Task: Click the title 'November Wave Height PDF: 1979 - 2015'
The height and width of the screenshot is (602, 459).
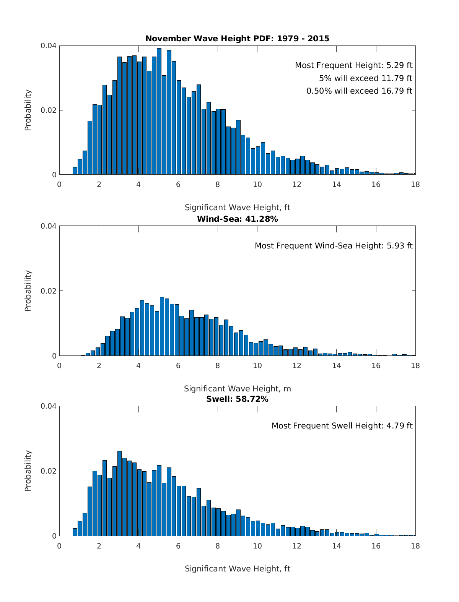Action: pos(237,38)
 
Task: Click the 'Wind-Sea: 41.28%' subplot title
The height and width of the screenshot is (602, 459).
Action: pos(237,219)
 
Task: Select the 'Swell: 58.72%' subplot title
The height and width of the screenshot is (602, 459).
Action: pos(237,399)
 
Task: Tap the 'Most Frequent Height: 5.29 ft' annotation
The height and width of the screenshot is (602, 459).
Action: pos(353,65)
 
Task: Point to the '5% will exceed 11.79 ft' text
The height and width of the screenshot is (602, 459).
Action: pos(365,78)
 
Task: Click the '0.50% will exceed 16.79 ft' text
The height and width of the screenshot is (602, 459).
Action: pos(359,91)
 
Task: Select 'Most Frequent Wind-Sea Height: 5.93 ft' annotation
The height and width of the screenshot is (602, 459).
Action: pos(334,246)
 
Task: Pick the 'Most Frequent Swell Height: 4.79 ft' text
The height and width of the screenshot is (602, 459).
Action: pos(342,426)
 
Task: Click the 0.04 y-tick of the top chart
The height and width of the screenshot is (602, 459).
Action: pos(49,46)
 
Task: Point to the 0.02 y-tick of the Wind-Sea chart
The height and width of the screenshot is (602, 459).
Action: pos(49,291)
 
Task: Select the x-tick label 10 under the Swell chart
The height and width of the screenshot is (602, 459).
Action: pos(257,546)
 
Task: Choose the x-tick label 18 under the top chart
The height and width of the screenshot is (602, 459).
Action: pos(415,185)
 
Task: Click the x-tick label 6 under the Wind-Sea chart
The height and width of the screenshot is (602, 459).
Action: pos(178,365)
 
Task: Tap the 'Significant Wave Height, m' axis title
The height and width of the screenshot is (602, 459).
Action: pos(237,389)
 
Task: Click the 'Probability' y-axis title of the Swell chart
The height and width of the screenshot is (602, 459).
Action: pos(28,471)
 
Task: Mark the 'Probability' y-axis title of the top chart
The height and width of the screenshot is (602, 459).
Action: pos(28,110)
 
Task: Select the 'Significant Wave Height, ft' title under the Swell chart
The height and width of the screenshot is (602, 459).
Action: pos(237,569)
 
